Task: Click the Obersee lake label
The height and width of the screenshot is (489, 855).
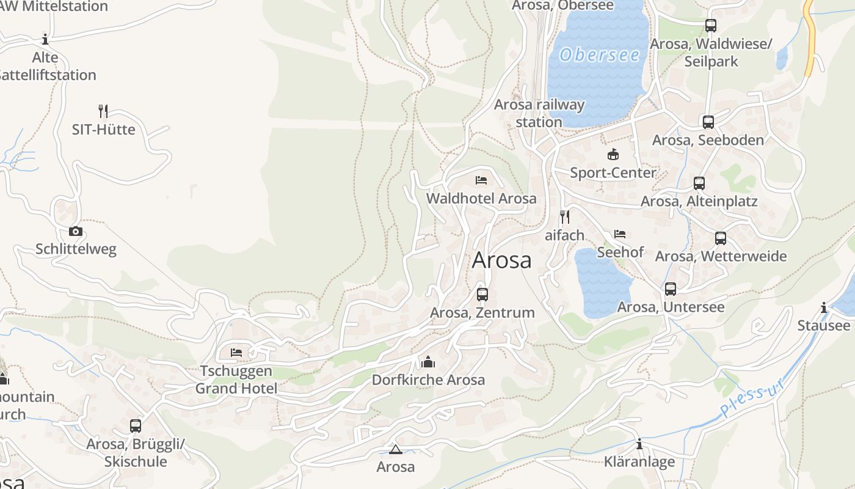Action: click(x=600, y=55)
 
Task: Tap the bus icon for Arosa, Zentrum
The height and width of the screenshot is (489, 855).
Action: click(x=482, y=295)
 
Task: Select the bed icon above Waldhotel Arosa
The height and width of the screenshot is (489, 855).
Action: click(x=481, y=180)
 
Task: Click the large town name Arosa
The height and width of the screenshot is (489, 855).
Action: click(x=502, y=260)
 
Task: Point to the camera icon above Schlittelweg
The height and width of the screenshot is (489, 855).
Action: click(x=76, y=231)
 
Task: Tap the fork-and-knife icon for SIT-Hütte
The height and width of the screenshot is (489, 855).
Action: click(x=103, y=111)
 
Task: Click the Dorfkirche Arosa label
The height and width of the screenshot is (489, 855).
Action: click(x=428, y=380)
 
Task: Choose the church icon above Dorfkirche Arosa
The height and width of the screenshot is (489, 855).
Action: click(x=428, y=362)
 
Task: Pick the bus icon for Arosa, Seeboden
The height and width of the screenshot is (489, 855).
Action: click(x=708, y=122)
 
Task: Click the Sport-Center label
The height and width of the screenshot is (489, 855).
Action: click(x=613, y=172)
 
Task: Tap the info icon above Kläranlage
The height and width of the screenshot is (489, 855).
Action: click(x=639, y=444)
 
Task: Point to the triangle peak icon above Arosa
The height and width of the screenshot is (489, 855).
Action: click(x=395, y=450)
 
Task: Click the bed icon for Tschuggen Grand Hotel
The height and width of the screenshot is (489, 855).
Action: click(x=236, y=353)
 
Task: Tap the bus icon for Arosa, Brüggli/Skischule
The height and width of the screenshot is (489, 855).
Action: click(x=136, y=426)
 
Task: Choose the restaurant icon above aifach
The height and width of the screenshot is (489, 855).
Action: click(x=565, y=217)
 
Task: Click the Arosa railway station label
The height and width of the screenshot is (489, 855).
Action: click(x=539, y=113)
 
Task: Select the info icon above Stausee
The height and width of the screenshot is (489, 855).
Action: click(x=824, y=307)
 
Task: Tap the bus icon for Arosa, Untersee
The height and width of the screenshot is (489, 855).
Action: click(x=671, y=289)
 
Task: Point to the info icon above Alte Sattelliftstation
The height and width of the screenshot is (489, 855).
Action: click(x=45, y=40)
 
